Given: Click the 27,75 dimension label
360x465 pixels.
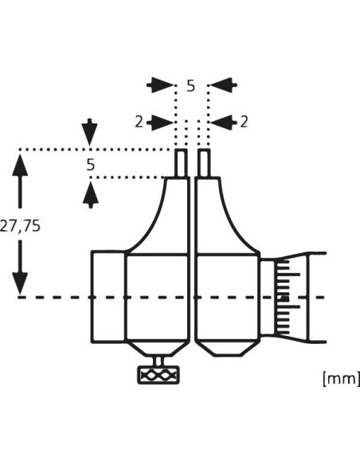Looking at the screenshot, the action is click(20, 227).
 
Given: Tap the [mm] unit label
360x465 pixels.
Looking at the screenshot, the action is click(341, 379).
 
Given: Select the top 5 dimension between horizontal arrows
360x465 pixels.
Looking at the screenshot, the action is click(191, 86).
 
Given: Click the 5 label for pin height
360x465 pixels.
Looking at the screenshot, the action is click(91, 165).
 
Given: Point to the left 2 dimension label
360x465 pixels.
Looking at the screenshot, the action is click(139, 122).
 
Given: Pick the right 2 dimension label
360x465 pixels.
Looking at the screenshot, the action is click(244, 122).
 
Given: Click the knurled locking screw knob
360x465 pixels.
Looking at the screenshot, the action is click(158, 376).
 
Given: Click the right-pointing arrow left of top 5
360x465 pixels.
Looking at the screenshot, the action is click(160, 85).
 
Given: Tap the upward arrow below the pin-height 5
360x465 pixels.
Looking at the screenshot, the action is click(91, 194).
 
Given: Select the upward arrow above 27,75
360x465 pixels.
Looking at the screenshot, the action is click(20, 181).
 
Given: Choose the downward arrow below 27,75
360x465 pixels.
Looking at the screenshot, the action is click(20, 268).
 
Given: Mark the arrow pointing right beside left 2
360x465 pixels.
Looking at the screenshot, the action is click(160, 122).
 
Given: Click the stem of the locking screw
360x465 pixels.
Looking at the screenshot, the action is click(159, 361).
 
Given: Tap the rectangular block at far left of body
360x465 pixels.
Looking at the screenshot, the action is click(108, 297).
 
